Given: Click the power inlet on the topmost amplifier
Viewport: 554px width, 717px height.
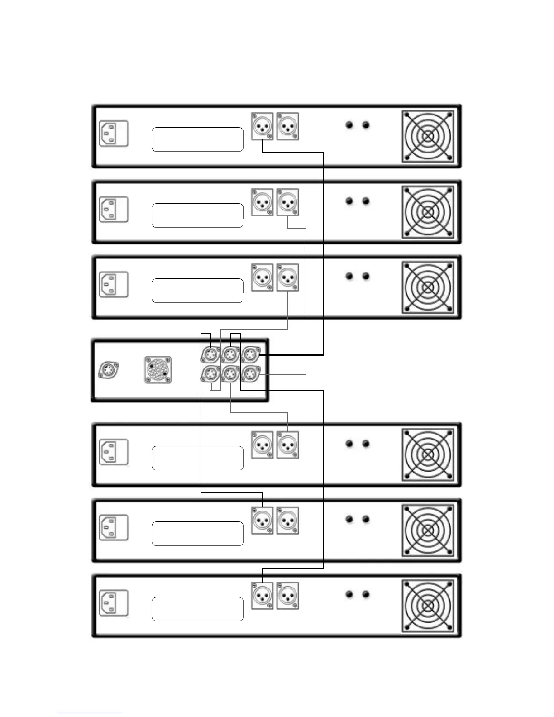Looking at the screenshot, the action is pos(114,134).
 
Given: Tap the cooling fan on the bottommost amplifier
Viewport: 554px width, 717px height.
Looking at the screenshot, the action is pos(428,605).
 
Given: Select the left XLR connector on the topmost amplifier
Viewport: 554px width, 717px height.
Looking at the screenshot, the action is pos(262,126).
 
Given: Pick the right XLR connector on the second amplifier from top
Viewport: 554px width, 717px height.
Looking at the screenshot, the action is pos(287,202).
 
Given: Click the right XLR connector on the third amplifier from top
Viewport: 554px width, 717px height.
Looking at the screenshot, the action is pos(287,277).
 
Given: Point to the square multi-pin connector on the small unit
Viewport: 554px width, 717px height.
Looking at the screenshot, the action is pos(158,370).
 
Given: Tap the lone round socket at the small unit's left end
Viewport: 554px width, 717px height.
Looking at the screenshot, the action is pos(109,369).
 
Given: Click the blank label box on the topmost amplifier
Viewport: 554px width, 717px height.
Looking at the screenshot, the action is pos(197,139).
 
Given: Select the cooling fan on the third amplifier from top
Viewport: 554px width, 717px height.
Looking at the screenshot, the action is pos(428,287).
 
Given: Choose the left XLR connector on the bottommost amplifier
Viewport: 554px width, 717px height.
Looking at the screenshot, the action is pos(262,596).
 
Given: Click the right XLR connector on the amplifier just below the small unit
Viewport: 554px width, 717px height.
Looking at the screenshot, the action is pos(287,445).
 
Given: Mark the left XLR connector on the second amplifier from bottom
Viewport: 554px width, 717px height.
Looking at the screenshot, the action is pos(262,520).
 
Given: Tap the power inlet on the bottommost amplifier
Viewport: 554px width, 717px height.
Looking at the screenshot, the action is pos(114,603).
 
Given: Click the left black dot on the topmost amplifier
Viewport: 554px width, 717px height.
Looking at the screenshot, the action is pos(349,125).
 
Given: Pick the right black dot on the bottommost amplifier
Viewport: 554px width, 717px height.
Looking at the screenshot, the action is pos(366,594).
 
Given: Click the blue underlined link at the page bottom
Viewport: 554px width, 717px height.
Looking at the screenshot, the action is pos(90,713).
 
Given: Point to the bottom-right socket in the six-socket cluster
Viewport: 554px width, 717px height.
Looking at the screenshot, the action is pos(250,374).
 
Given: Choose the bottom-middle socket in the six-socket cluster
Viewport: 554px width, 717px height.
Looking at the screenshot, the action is pos(230,374).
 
